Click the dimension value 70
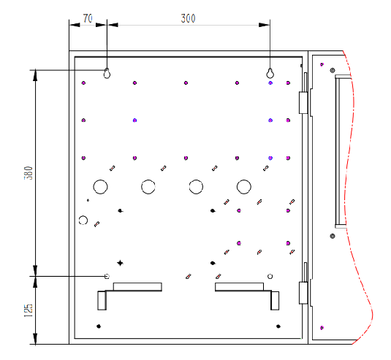tap(88, 18)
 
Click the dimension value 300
tap(188, 18)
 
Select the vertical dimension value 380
tap(29, 173)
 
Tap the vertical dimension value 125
tap(29, 310)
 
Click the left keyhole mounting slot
tap(107, 73)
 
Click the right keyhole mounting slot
tap(270, 73)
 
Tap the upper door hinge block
tap(303, 103)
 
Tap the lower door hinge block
tap(303, 293)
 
